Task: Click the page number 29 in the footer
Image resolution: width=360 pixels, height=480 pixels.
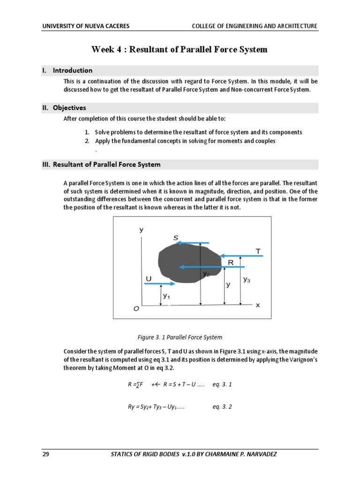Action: [45, 454]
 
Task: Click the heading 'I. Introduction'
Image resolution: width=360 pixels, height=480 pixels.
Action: [67, 70]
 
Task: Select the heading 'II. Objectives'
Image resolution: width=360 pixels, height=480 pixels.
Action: [64, 108]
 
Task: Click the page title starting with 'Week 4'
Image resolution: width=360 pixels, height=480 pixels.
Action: [179, 49]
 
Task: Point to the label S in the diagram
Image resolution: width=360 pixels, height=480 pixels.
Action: [176, 238]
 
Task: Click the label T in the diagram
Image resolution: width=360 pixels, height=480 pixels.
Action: [258, 251]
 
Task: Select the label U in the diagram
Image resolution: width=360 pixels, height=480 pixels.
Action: [149, 279]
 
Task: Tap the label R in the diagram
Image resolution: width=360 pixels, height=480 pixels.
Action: [231, 263]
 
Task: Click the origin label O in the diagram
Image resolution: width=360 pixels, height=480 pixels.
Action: [136, 309]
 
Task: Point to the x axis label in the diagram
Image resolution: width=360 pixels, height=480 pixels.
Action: [257, 305]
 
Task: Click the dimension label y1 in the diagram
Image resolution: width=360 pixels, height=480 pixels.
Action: [166, 296]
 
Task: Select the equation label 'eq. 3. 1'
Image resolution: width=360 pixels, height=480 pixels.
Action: [222, 384]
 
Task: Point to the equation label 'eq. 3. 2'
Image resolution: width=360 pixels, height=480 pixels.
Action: [222, 407]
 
